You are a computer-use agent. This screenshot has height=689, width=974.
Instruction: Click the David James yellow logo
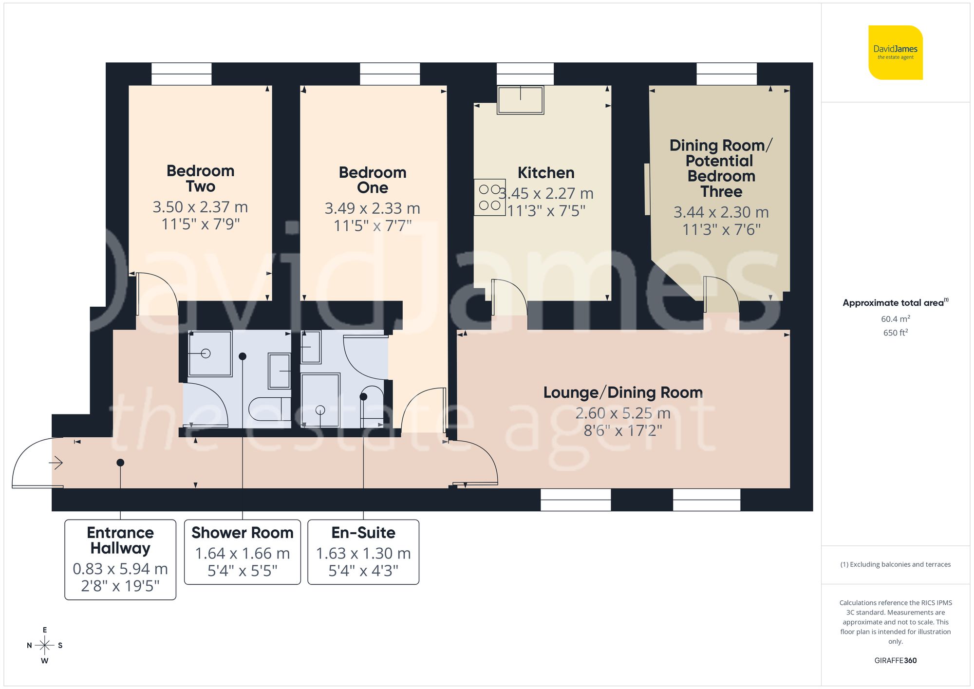[x=895, y=53]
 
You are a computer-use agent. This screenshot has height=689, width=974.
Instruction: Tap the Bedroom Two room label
[x=200, y=179]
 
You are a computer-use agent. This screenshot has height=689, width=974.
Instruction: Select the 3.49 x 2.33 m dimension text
[x=372, y=208]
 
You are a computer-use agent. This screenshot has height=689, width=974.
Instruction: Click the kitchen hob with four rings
[x=489, y=197]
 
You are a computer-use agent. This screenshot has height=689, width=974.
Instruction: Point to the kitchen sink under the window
[x=520, y=100]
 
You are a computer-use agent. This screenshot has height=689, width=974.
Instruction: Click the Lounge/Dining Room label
[x=623, y=392]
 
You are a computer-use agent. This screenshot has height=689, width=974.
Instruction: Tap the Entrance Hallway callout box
[x=120, y=559]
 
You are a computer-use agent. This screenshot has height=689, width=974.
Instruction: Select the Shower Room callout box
[x=242, y=552]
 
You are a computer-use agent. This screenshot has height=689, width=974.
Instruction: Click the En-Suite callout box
[x=363, y=552]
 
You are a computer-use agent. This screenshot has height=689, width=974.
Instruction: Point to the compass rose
[x=44, y=646]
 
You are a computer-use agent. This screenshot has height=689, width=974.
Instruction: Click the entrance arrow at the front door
[x=56, y=463]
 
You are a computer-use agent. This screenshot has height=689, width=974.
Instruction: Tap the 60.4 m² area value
[x=895, y=319]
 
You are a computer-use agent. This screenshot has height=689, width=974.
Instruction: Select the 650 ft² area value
[x=895, y=333]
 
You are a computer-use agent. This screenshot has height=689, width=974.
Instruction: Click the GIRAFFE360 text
[x=895, y=660]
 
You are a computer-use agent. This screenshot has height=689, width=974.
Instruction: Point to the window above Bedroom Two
[x=181, y=74]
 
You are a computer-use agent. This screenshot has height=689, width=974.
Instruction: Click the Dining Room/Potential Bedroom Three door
[x=722, y=295]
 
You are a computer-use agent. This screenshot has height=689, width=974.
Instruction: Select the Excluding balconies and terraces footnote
[x=895, y=564]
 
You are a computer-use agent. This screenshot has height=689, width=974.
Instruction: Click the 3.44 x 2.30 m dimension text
[x=721, y=212]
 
